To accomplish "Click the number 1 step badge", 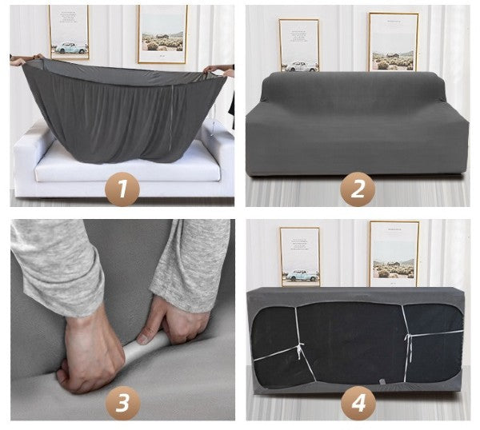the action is (x=122, y=189).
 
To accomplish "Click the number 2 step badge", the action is (x=358, y=189).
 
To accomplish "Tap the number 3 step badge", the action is (x=122, y=403).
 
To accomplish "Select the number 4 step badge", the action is (x=358, y=403).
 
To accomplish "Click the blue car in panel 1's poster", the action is (x=71, y=48).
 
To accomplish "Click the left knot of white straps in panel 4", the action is (x=299, y=349).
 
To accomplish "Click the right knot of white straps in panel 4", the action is (x=408, y=338).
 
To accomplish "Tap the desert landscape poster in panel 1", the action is (x=162, y=34).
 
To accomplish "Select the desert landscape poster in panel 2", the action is (x=394, y=42).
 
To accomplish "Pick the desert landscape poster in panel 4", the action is (x=394, y=254).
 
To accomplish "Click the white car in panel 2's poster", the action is (x=300, y=66).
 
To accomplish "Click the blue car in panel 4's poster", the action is (x=302, y=275).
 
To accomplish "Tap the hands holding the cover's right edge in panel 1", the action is (x=220, y=70).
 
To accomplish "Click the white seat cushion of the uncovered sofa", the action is (x=127, y=167).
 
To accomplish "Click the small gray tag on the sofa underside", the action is (x=382, y=382).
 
